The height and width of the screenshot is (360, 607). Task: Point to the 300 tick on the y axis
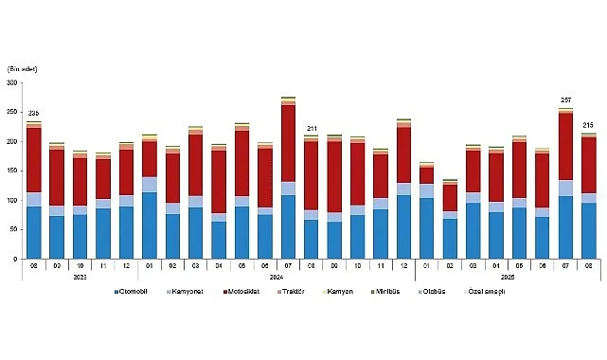click(11, 83)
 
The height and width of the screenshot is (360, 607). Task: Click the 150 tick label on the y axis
click(11, 171)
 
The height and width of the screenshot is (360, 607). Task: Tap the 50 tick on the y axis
click(13, 230)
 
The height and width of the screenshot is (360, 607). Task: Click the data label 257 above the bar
click(565, 100)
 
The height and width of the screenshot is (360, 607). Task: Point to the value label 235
click(33, 114)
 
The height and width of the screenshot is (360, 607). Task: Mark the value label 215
click(588, 126)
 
